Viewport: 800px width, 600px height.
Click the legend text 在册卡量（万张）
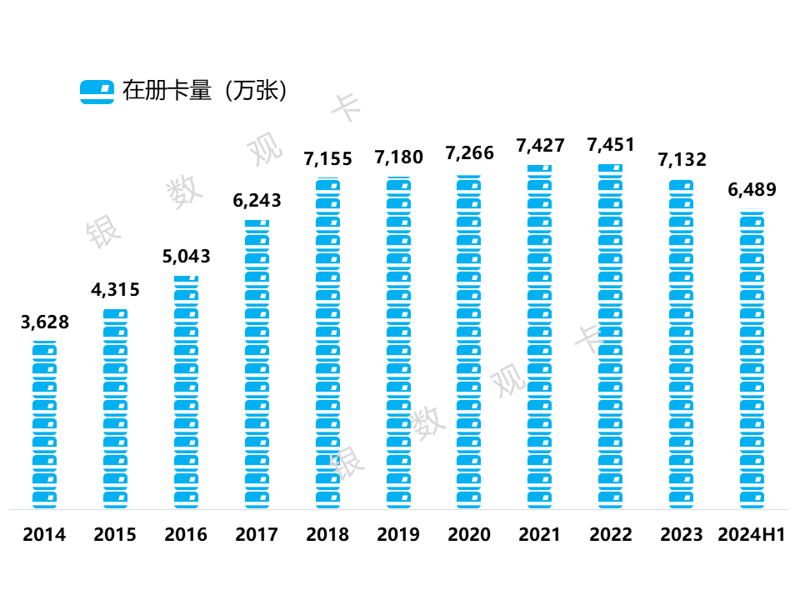click(x=205, y=90)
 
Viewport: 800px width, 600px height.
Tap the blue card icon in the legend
click(x=97, y=91)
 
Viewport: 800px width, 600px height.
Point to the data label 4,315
click(x=115, y=290)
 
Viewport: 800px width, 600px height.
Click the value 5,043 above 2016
click(x=186, y=256)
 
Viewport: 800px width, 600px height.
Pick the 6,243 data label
click(x=257, y=200)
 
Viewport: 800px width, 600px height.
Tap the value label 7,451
click(x=611, y=144)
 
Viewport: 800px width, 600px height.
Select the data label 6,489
click(x=752, y=189)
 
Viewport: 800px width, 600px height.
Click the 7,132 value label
click(x=682, y=158)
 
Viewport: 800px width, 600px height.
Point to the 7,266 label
click(x=469, y=152)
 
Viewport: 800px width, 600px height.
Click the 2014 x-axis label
click(x=44, y=534)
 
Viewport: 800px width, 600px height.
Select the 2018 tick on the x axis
click(x=327, y=534)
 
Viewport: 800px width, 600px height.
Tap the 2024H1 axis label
click(x=752, y=534)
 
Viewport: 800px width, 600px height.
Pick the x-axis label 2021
click(x=540, y=534)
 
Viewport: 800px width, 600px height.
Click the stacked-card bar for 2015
click(x=115, y=408)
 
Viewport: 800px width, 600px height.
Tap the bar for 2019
click(x=398, y=342)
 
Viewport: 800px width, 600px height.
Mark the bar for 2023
click(x=682, y=342)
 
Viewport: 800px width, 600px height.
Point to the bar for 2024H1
click(x=752, y=358)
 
